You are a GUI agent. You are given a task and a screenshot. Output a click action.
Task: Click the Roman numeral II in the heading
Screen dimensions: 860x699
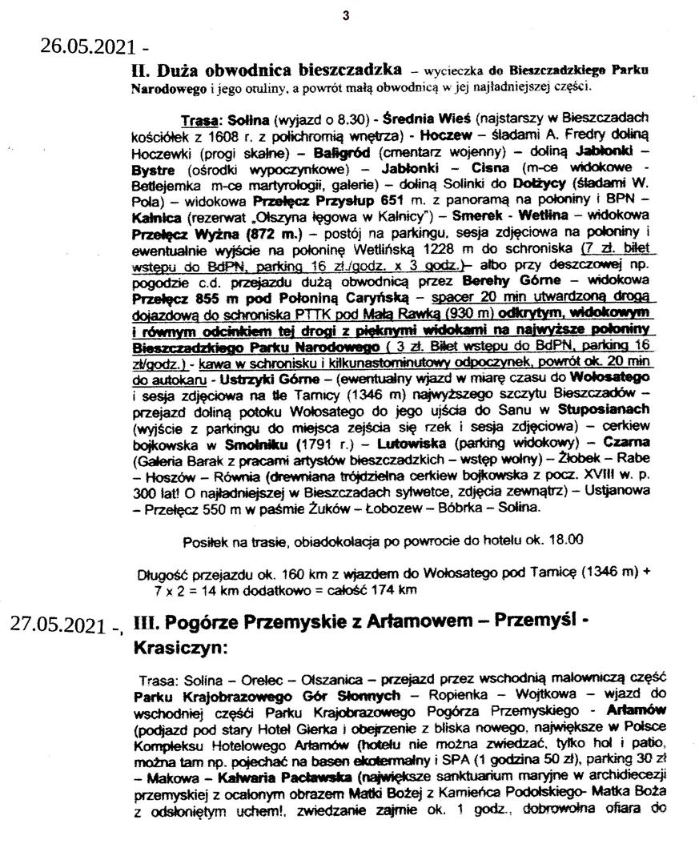point(139,70)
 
